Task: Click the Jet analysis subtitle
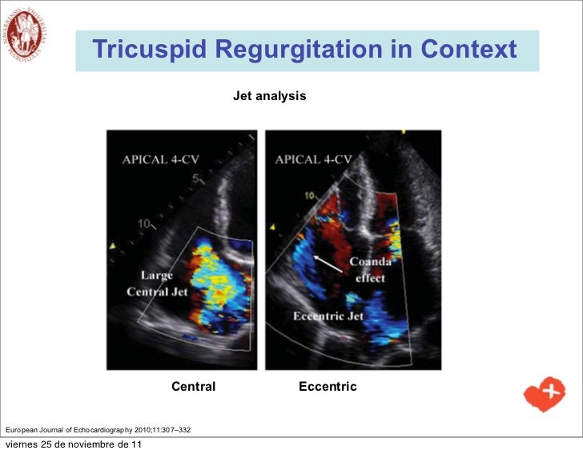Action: [269, 96]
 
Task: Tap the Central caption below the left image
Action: [193, 387]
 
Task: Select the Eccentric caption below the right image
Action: [328, 387]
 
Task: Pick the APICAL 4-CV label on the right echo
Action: [313, 159]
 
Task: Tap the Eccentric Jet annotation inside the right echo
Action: [328, 316]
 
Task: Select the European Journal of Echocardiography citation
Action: [98, 431]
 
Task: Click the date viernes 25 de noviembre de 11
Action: [74, 445]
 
